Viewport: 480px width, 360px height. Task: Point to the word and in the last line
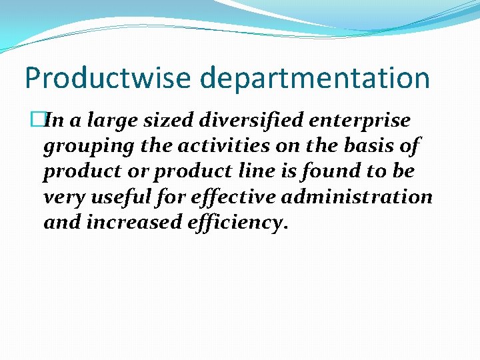[61, 222]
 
